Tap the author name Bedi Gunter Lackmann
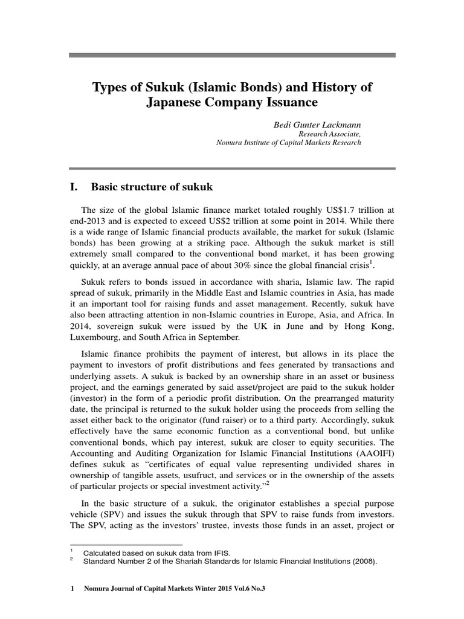[x=318, y=124]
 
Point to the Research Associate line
[x=330, y=134]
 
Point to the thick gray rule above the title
[x=232, y=55]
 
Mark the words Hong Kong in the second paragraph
[x=375, y=325]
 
